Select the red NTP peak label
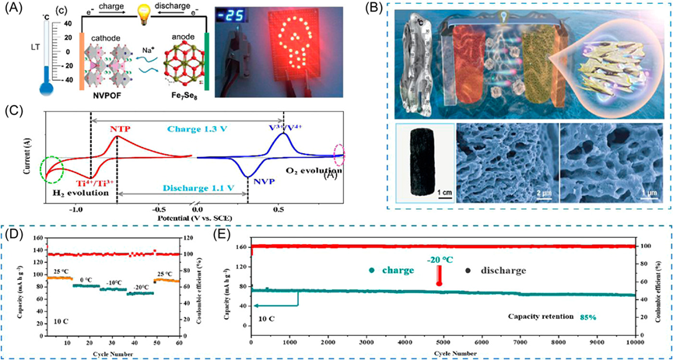[119, 128]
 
